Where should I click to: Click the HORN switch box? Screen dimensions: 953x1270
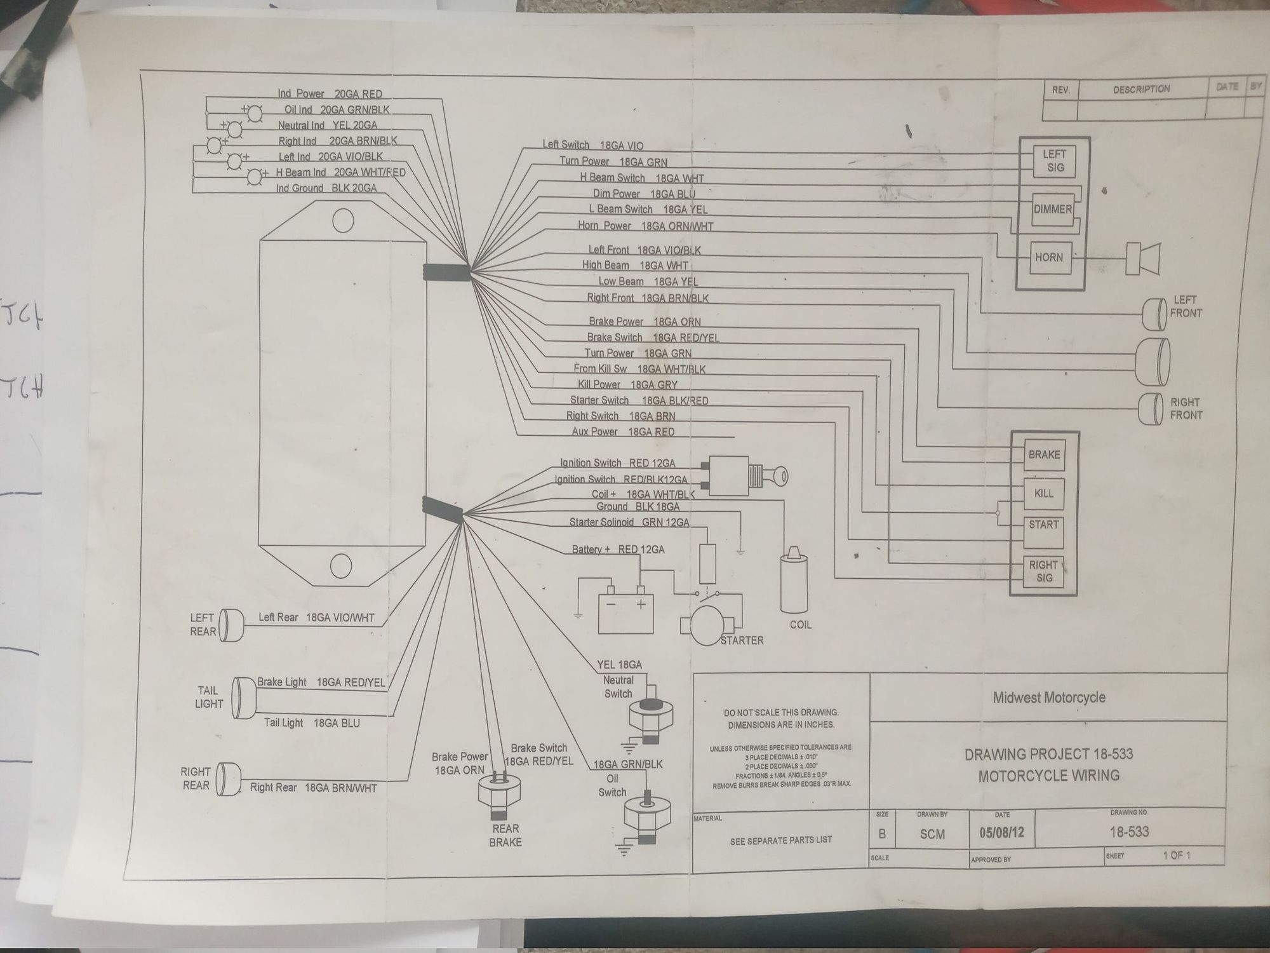point(1048,257)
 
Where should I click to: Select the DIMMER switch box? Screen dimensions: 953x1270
point(1052,209)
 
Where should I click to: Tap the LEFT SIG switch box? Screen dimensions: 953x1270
point(1053,161)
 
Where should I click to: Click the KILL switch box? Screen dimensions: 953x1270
point(1043,493)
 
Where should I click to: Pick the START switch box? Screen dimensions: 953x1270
point(1043,525)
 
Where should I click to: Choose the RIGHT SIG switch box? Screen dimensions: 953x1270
point(1044,571)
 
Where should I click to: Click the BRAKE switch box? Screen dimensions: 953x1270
point(1044,455)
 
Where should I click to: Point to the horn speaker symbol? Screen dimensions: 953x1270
point(1143,259)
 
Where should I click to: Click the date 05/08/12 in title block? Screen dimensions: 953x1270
point(1001,832)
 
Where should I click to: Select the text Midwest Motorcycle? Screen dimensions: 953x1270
point(1049,698)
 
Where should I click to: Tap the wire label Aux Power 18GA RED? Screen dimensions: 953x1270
point(623,432)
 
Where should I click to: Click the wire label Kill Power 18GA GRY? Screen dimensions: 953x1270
point(627,384)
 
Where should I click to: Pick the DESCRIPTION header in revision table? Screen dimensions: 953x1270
point(1141,90)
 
